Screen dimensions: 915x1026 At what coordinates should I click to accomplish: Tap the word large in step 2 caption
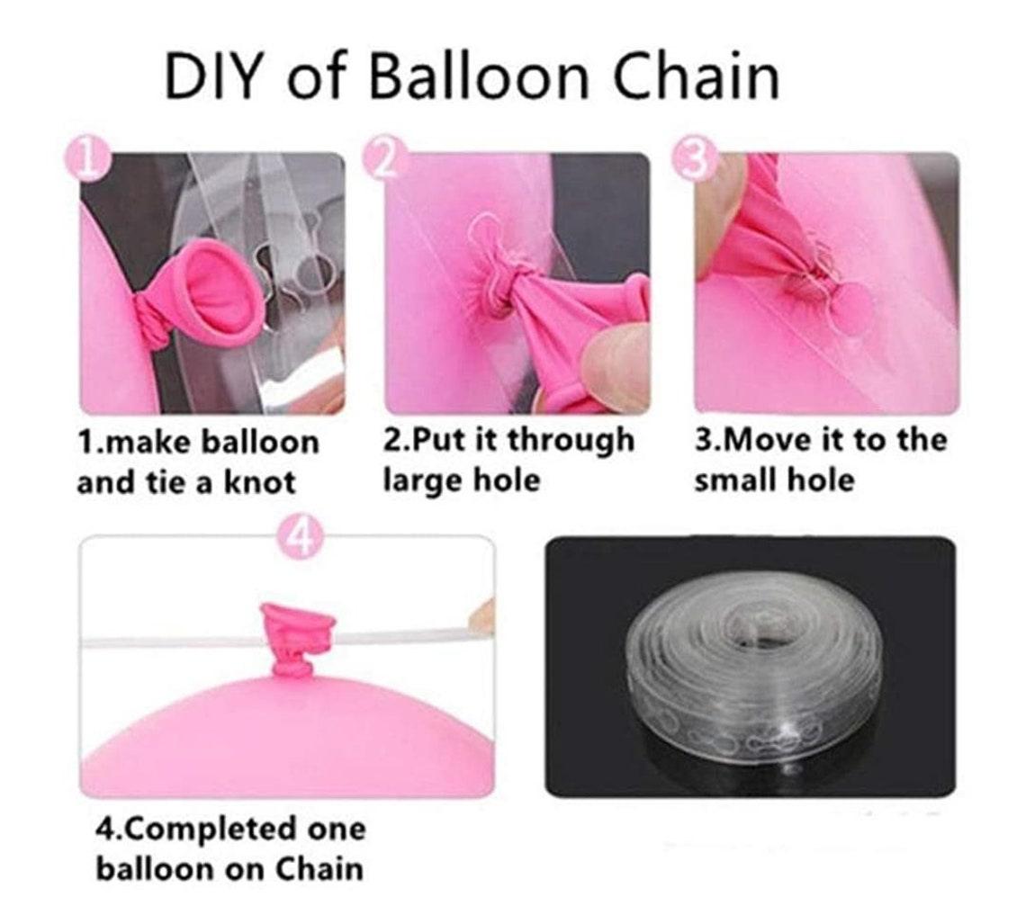coord(423,480)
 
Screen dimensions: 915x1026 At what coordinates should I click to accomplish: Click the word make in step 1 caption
coord(147,443)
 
